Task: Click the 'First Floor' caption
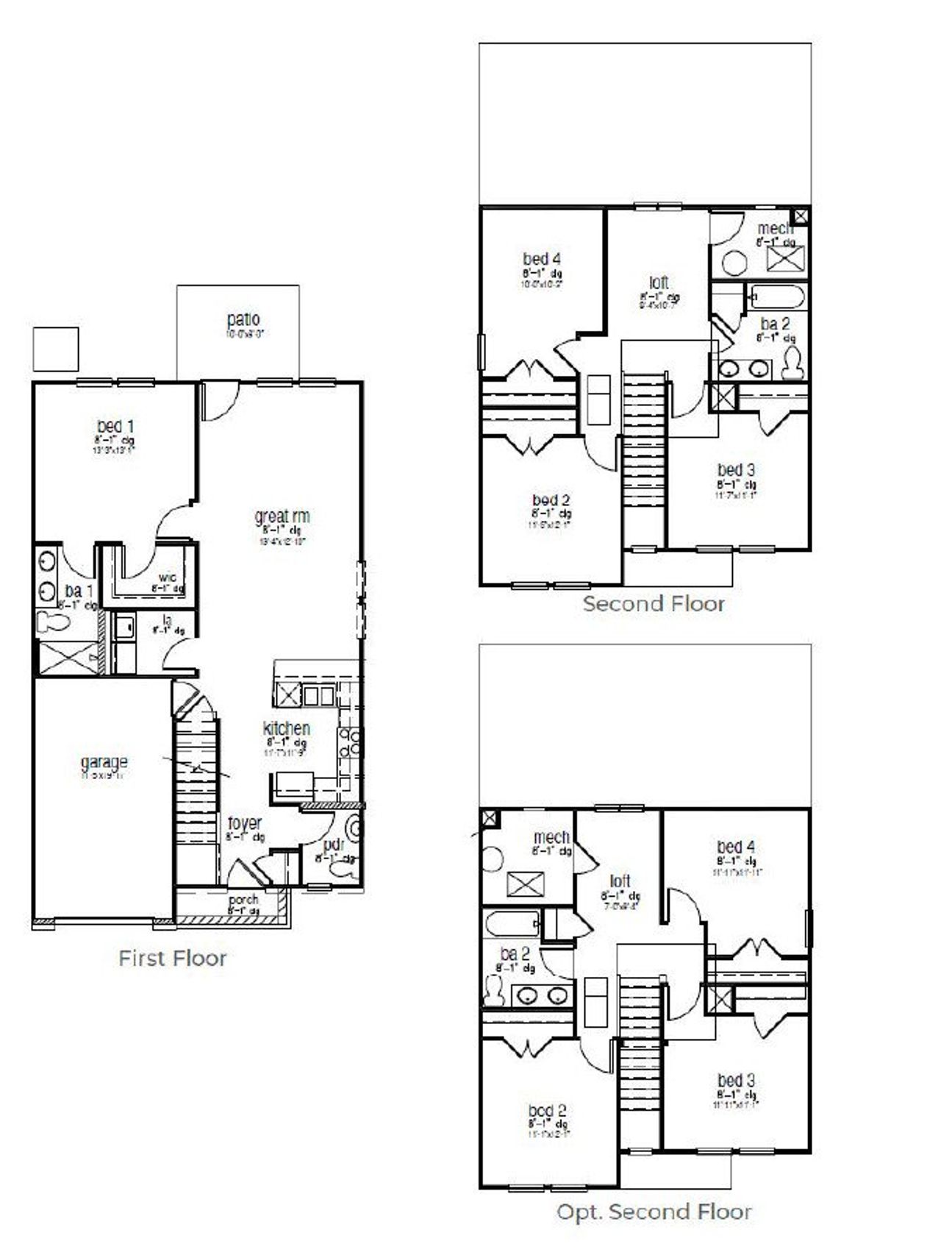tap(172, 958)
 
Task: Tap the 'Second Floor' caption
tap(654, 604)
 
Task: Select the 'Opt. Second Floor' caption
tap(654, 1212)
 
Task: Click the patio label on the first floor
tap(243, 320)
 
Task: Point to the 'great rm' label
tap(282, 516)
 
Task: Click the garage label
tap(104, 762)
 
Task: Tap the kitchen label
tap(286, 728)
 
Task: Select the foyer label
tap(244, 823)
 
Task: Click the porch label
tap(243, 900)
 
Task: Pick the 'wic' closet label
tap(167, 577)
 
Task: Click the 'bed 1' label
tap(115, 426)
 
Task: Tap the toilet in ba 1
tap(54, 623)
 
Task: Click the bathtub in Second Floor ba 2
tap(778, 297)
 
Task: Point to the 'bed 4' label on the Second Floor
tap(542, 259)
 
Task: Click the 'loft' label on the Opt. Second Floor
tap(620, 881)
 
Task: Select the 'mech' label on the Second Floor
tap(775, 229)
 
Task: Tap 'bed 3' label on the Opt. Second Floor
tap(736, 1081)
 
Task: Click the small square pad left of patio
tap(56, 349)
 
